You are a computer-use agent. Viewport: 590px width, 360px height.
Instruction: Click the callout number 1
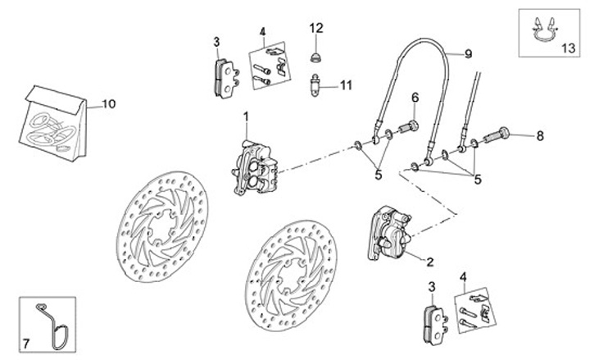(245, 121)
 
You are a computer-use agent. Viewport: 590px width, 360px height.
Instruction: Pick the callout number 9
(468, 54)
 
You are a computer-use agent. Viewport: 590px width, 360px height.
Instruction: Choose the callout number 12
(316, 28)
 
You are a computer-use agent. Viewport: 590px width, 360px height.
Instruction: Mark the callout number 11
(346, 84)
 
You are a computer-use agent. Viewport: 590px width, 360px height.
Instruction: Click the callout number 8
(540, 134)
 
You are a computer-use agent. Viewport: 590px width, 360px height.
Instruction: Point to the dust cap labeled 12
(315, 57)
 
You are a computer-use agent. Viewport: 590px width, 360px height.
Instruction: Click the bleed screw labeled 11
(315, 84)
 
